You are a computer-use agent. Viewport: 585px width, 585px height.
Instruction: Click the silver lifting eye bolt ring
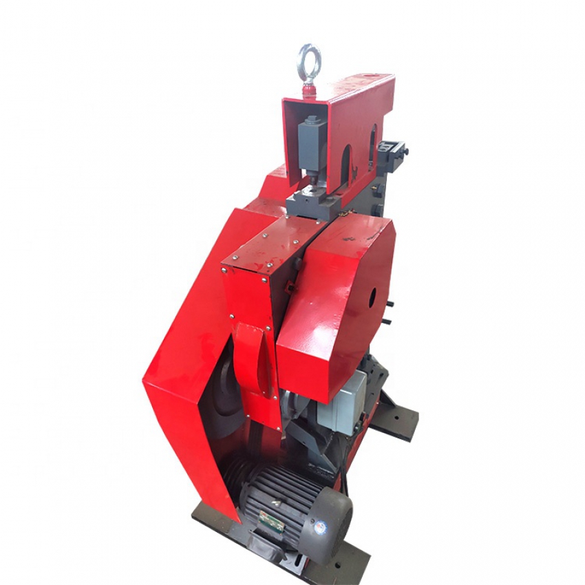308,63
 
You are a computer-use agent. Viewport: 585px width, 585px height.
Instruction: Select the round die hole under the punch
314,184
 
